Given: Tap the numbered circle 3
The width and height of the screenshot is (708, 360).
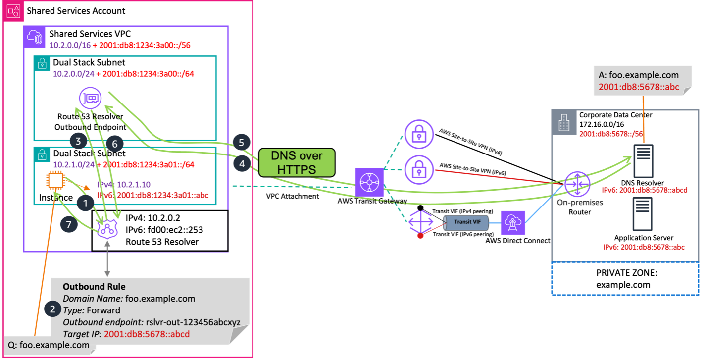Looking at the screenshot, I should [78, 141].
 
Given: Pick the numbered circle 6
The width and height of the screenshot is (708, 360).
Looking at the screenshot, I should [114, 144].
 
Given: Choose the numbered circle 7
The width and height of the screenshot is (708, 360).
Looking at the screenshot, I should [69, 225].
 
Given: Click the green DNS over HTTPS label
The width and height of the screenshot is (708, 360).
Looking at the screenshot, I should [296, 162].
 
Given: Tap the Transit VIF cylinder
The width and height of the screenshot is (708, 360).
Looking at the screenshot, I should [465, 222].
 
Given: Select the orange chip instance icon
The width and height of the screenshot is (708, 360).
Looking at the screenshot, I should [56, 182].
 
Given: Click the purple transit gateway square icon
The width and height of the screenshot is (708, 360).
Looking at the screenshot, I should [369, 182].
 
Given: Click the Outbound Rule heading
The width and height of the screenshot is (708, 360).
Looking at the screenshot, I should [94, 287].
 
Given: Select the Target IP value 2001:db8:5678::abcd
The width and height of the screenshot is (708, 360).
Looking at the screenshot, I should [147, 334].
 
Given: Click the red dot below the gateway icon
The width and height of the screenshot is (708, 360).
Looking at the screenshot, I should [420, 236].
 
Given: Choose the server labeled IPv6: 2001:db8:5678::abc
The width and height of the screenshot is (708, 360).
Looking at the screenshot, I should [643, 214].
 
